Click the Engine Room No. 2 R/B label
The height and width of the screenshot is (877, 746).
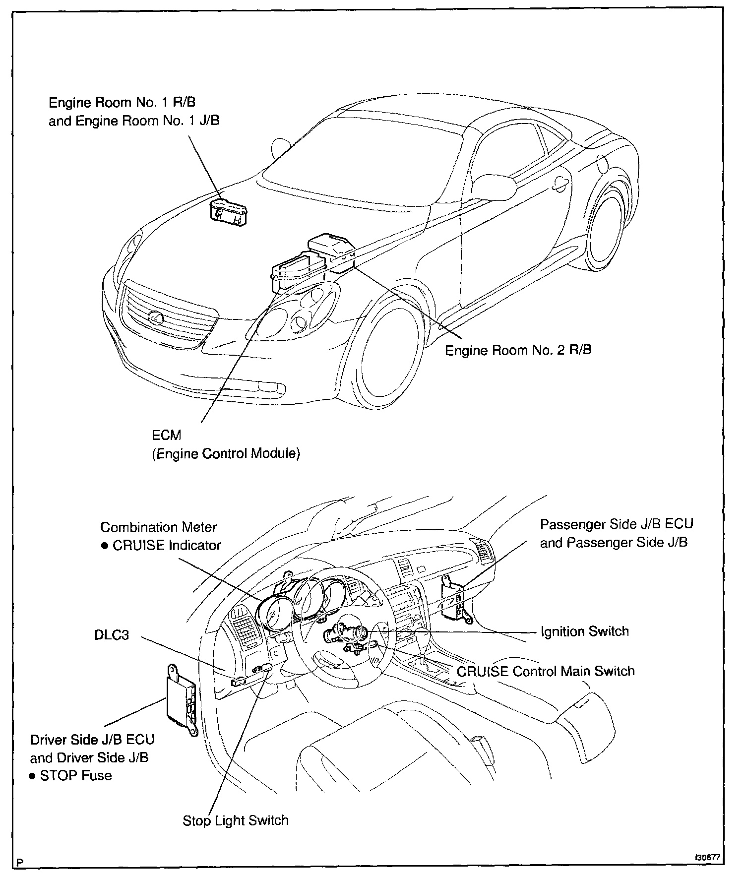click(x=518, y=350)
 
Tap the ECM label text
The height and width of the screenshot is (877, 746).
click(x=166, y=435)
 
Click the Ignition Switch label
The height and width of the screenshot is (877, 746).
click(x=585, y=631)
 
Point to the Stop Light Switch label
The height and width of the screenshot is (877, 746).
click(x=235, y=820)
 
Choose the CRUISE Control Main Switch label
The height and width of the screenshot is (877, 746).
click(x=546, y=671)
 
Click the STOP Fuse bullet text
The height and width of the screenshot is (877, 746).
click(x=75, y=775)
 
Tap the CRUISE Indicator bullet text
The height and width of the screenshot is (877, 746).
click(x=167, y=545)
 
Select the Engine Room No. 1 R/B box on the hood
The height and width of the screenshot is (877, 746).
click(x=229, y=213)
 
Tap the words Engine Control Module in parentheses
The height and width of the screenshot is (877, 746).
click(x=226, y=454)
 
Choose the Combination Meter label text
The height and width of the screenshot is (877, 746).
click(x=159, y=527)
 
